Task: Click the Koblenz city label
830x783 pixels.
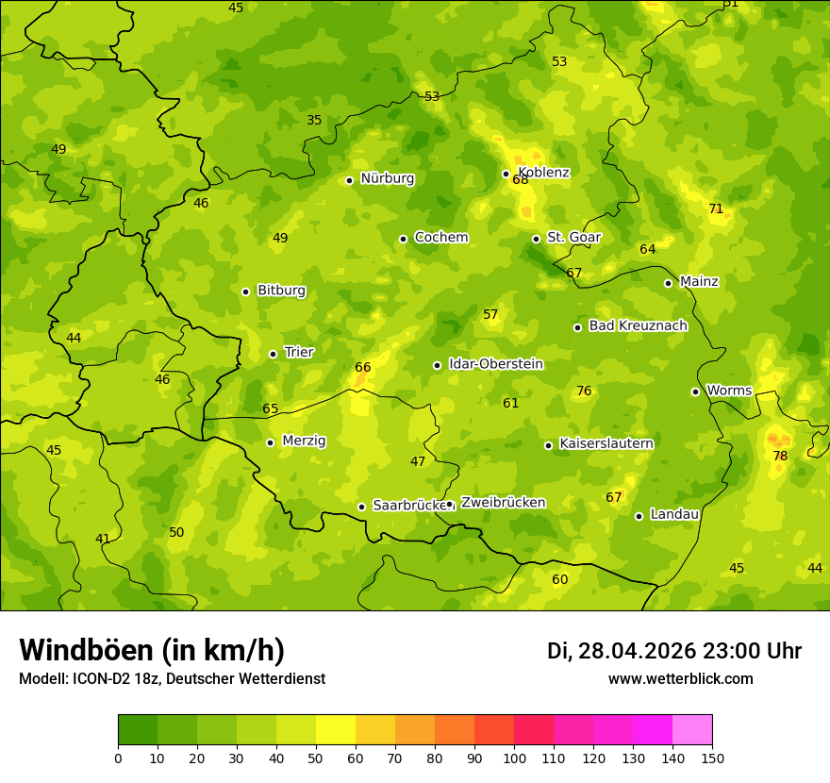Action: tap(543, 172)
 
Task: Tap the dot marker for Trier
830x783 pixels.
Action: tap(273, 354)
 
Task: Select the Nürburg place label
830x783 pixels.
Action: tap(387, 178)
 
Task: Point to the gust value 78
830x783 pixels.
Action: tap(780, 456)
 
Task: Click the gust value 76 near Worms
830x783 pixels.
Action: tap(584, 391)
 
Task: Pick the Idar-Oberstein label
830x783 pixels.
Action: tap(496, 363)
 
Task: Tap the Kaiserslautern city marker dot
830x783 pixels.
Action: tap(548, 445)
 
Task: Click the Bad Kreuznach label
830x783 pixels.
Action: tap(638, 325)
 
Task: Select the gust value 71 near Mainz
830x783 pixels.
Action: tap(716, 208)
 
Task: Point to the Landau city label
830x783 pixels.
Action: tap(674, 514)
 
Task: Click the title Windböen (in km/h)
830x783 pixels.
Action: tap(152, 650)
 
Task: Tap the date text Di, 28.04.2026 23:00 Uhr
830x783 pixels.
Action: tap(673, 651)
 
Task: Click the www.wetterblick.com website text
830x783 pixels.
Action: tap(680, 678)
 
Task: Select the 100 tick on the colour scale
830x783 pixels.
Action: tap(514, 758)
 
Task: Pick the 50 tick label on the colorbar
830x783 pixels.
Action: tap(316, 758)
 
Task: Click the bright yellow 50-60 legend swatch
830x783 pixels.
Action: tap(336, 730)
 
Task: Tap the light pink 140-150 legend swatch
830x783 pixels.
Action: tap(692, 730)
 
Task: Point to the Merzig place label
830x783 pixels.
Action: tap(304, 441)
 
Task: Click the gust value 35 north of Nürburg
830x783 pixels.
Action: tap(314, 120)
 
